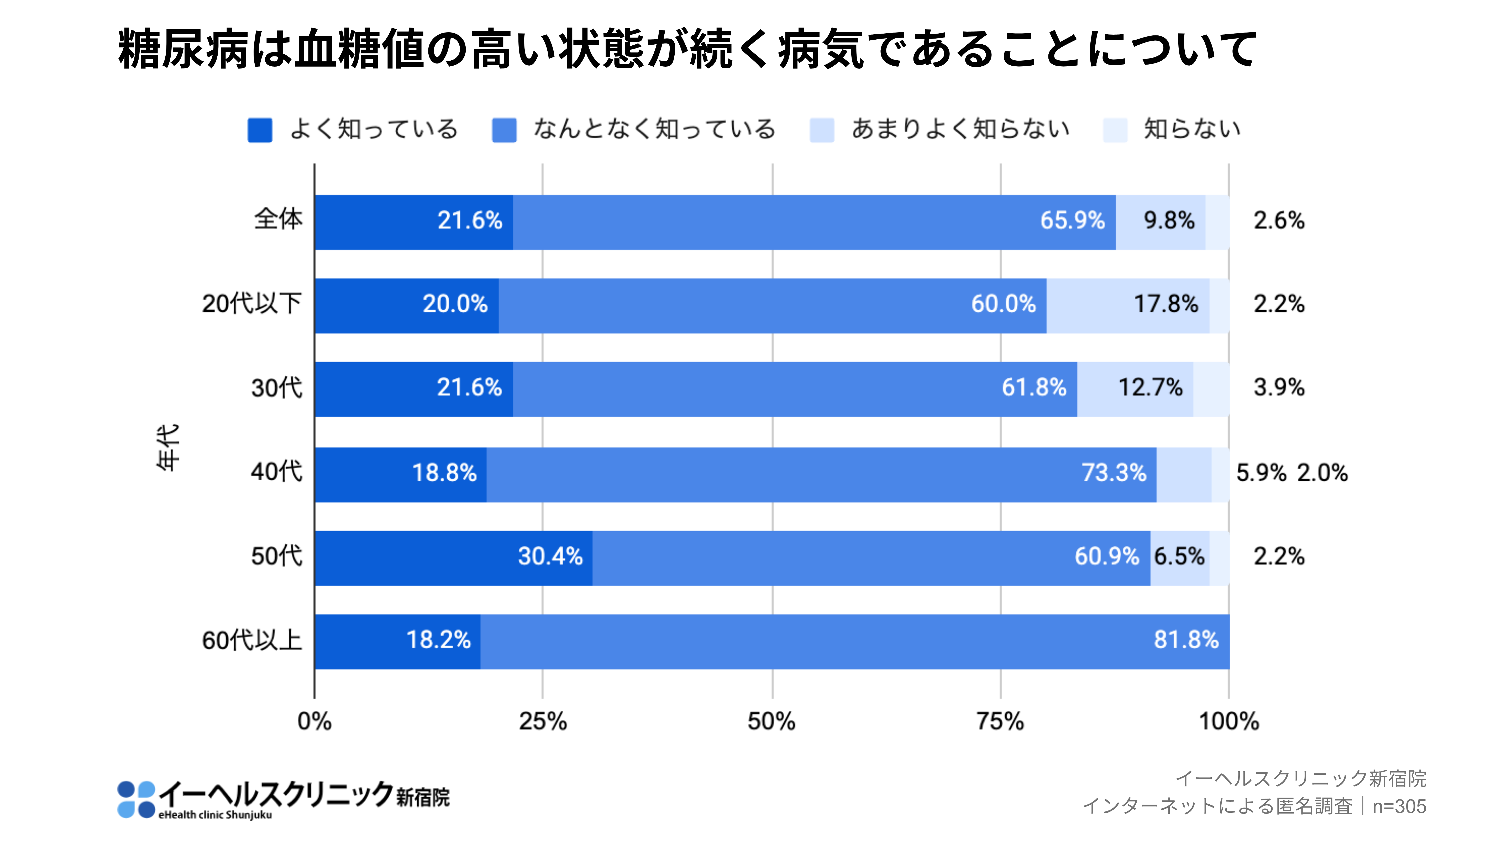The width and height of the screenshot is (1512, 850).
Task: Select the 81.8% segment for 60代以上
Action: (855, 641)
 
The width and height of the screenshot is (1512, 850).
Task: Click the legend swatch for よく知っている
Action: (259, 130)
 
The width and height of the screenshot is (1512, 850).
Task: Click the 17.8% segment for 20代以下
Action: (1127, 305)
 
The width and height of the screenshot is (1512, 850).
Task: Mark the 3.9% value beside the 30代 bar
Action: (1278, 388)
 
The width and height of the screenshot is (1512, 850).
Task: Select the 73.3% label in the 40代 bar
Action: (1114, 473)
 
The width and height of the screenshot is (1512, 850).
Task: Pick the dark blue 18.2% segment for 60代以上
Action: (397, 641)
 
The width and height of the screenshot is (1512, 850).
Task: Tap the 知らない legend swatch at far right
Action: (1115, 130)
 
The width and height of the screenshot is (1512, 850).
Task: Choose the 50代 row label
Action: (276, 556)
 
